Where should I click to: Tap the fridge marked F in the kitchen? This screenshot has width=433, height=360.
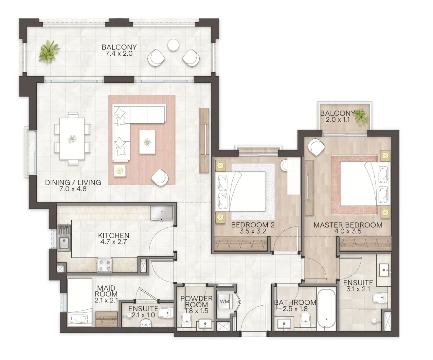click(x=161, y=213)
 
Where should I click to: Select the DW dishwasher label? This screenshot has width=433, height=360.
click(x=64, y=228)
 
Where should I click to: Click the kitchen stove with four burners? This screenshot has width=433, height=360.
click(x=105, y=265)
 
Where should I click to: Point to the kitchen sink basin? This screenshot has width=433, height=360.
click(x=64, y=243)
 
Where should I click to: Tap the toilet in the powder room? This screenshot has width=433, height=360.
click(x=187, y=320)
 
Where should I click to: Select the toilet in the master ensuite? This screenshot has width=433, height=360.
click(x=380, y=298)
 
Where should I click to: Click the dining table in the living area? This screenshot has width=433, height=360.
click(x=72, y=139)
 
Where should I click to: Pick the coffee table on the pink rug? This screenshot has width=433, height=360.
click(x=147, y=142)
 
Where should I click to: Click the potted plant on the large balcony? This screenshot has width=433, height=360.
click(x=49, y=51)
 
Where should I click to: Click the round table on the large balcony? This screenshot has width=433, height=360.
click(x=173, y=45)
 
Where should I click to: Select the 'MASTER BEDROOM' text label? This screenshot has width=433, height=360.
click(x=348, y=225)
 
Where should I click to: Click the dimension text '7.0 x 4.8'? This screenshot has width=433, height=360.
click(x=73, y=189)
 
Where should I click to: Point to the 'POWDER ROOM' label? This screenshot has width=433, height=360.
click(x=196, y=301)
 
